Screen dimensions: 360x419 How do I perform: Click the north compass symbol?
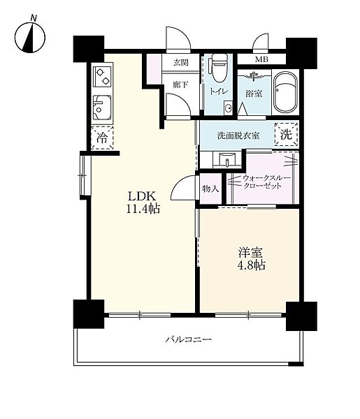30,37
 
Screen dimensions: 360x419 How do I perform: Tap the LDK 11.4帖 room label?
143,203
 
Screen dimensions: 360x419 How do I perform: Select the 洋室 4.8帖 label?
251,258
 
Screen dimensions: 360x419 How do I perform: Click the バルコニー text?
188,339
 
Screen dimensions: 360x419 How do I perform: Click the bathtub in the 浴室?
286,91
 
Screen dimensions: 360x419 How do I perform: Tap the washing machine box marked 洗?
287,134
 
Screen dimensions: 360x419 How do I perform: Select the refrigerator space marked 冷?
102,138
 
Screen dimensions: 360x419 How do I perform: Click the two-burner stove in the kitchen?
103,76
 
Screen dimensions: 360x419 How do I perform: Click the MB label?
261,59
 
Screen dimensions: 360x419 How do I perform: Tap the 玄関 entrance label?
181,63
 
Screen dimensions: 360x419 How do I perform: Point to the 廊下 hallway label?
180,85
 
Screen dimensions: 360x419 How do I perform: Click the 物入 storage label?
211,189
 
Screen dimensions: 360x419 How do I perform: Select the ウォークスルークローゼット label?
266,182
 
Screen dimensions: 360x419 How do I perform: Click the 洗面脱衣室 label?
238,135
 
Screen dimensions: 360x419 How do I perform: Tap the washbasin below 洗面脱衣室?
226,160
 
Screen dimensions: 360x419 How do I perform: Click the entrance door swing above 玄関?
178,39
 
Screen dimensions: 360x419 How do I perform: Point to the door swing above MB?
261,41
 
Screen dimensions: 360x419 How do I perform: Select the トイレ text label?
219,91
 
